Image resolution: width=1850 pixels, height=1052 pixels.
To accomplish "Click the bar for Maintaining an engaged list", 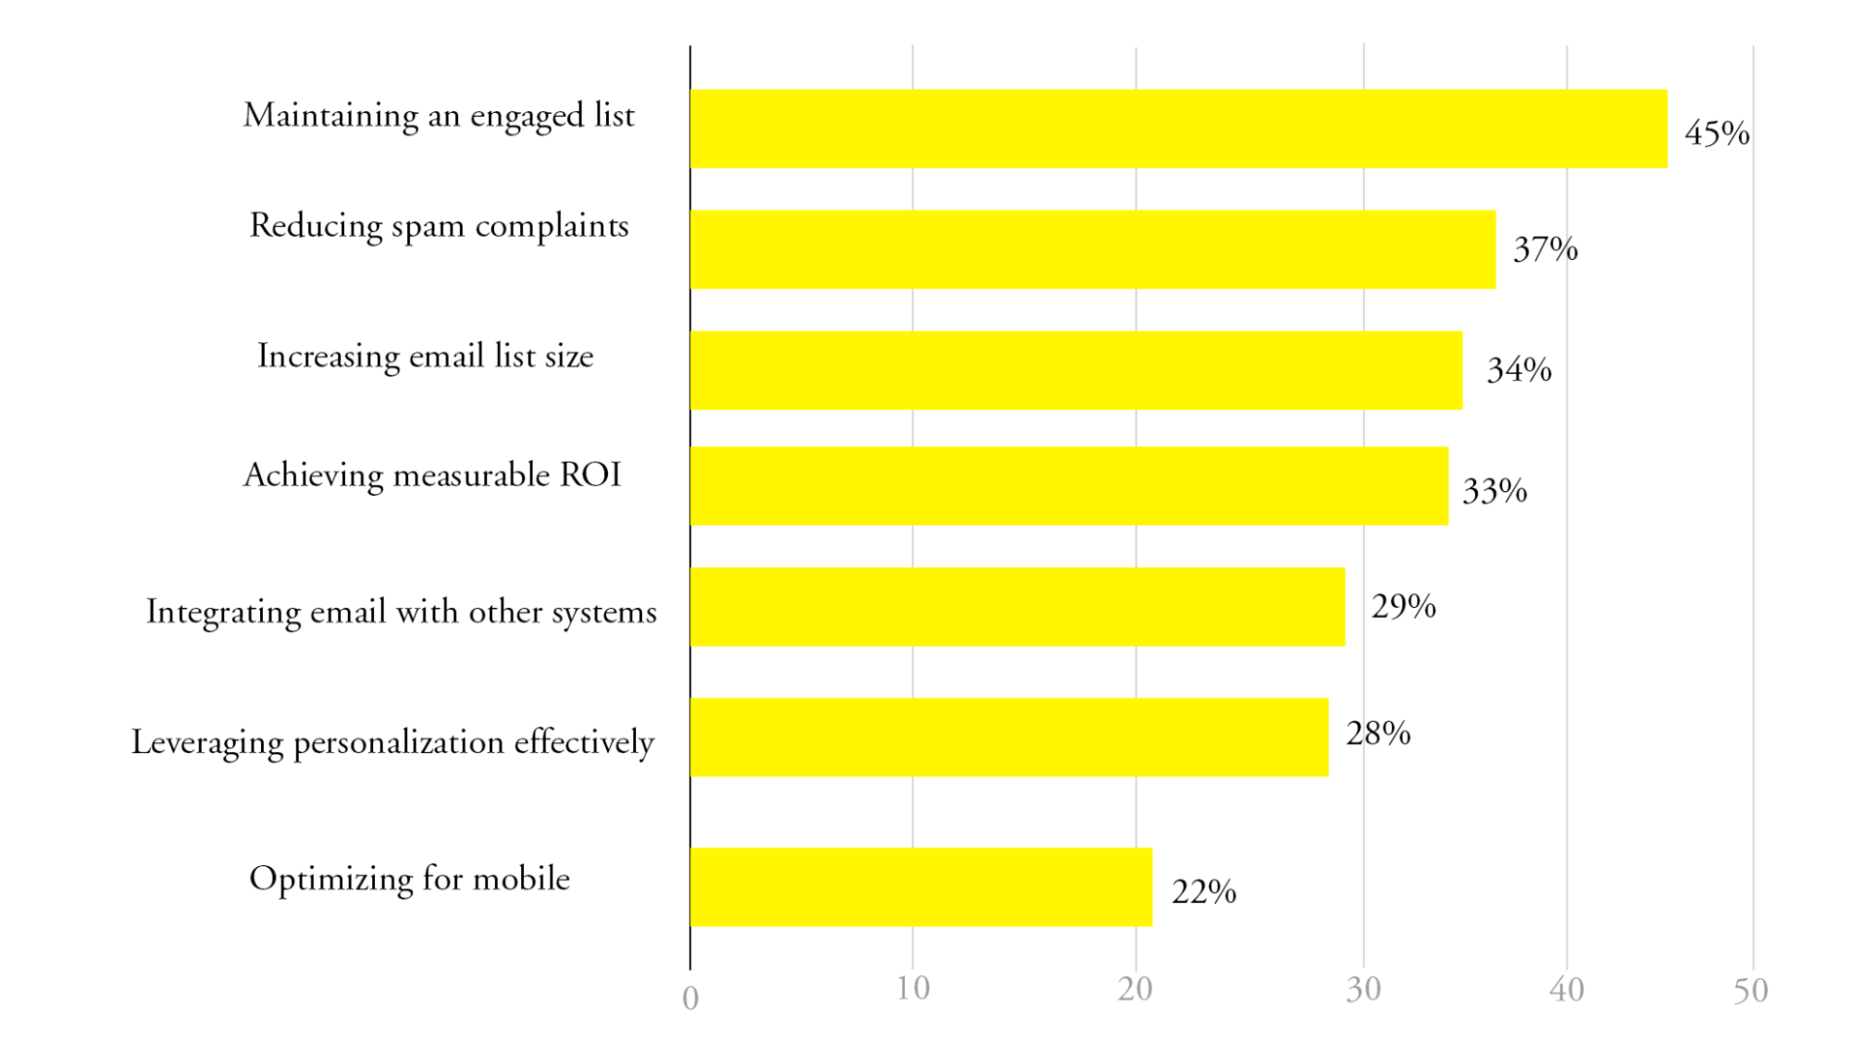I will (x=1177, y=129).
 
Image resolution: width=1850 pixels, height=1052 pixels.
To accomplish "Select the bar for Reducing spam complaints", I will (x=1092, y=249).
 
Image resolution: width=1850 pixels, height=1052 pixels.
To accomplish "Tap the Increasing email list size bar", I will (x=1075, y=370).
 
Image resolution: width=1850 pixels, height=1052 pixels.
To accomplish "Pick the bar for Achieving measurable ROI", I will (x=1069, y=486).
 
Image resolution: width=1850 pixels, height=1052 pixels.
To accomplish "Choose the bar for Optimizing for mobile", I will (x=921, y=886).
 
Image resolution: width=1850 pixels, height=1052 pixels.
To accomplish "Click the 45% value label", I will (x=1717, y=133).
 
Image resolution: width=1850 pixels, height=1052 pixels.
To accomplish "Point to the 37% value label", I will (x=1545, y=249).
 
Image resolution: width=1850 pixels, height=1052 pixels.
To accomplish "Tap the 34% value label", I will (x=1519, y=370).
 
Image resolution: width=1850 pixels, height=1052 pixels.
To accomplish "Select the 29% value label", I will (x=1403, y=606).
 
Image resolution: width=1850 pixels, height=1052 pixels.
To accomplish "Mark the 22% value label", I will (x=1203, y=891).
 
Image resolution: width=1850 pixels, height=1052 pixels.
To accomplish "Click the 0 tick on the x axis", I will (x=690, y=998).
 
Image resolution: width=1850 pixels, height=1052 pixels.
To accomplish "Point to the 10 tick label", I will (x=913, y=989).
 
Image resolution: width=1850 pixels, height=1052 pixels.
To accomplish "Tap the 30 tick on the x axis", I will (x=1363, y=990).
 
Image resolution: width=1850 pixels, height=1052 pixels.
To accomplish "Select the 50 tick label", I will (x=1750, y=991).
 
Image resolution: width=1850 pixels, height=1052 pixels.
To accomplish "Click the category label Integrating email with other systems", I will (x=402, y=613).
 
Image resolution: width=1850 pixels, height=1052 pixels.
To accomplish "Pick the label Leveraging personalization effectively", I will (x=392, y=742).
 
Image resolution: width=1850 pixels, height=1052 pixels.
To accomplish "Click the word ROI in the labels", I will (x=590, y=475).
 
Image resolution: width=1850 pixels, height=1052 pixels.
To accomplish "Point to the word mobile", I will (x=521, y=878).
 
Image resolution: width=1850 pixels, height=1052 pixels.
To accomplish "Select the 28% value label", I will (x=1378, y=734).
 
